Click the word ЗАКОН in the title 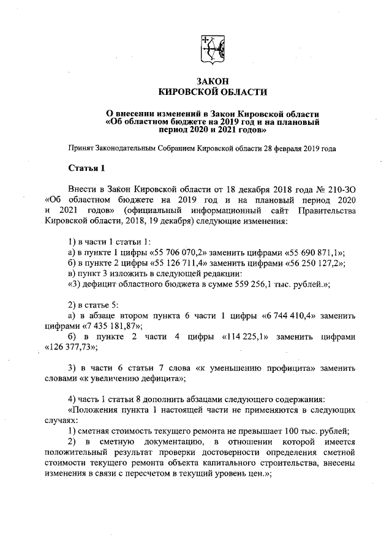[213, 81]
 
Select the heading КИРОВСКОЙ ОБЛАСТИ [213, 92]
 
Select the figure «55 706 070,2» [178, 252]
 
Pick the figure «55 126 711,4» [178, 263]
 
